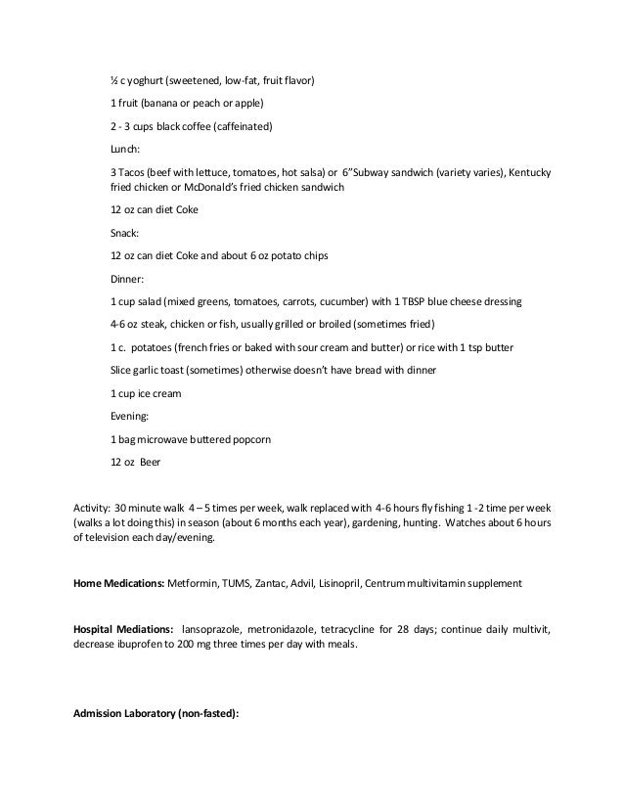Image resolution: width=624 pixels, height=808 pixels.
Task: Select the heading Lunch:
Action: [126, 150]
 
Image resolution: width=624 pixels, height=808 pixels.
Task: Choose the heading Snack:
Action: [126, 234]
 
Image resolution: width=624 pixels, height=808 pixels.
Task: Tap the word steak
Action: [153, 324]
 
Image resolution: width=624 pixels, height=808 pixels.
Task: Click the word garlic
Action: [147, 370]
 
